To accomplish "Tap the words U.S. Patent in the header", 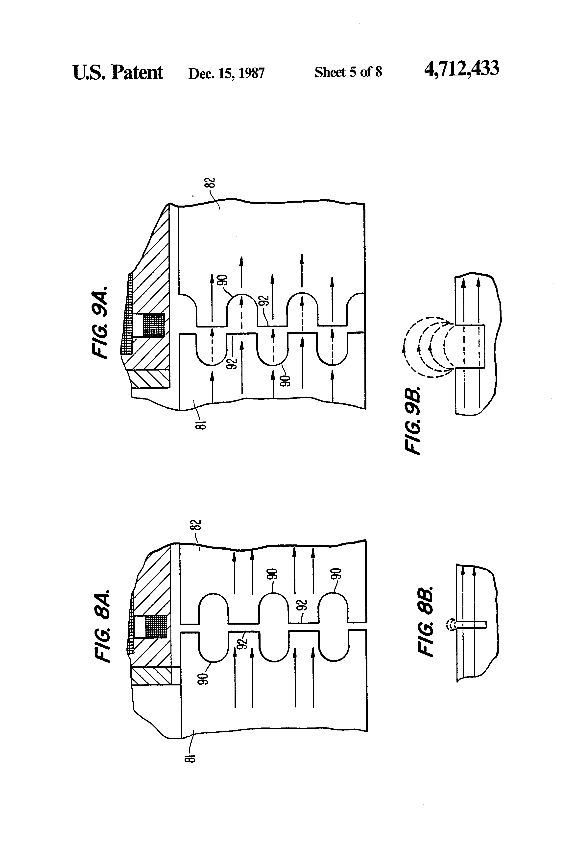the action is click(118, 72).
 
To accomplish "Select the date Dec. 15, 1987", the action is click(226, 73).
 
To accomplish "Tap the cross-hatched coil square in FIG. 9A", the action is click(154, 325).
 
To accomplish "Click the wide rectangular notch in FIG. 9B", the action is click(470, 346).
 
